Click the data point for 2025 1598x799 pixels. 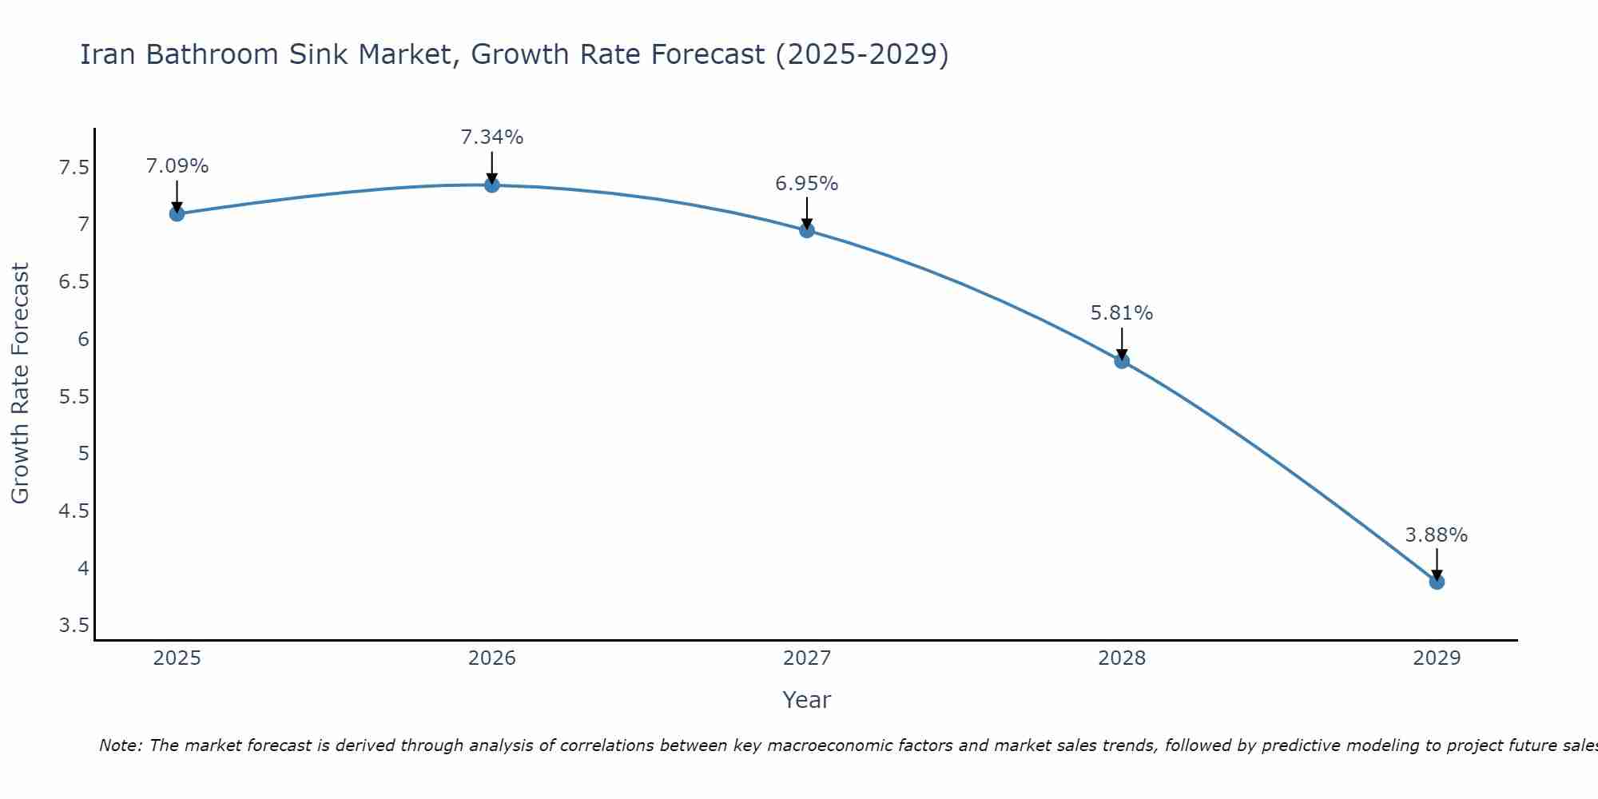click(177, 213)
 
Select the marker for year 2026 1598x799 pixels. click(492, 185)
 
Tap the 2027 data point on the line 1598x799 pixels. click(807, 230)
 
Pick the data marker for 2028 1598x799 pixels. click(1122, 361)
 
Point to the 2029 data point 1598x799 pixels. click(1437, 582)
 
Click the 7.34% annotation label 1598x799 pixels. click(492, 137)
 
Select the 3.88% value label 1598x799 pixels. click(1437, 535)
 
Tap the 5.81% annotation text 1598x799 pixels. click(1122, 313)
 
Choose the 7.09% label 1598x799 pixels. click(177, 166)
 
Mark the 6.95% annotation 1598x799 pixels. click(807, 184)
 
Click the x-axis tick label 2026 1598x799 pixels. click(492, 658)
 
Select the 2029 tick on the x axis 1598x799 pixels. click(1437, 658)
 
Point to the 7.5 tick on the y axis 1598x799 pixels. click(74, 168)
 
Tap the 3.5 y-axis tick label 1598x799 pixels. click(74, 626)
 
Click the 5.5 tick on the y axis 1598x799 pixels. click(74, 397)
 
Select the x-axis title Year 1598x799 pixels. click(807, 700)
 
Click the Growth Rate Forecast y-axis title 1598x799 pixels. click(20, 384)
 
